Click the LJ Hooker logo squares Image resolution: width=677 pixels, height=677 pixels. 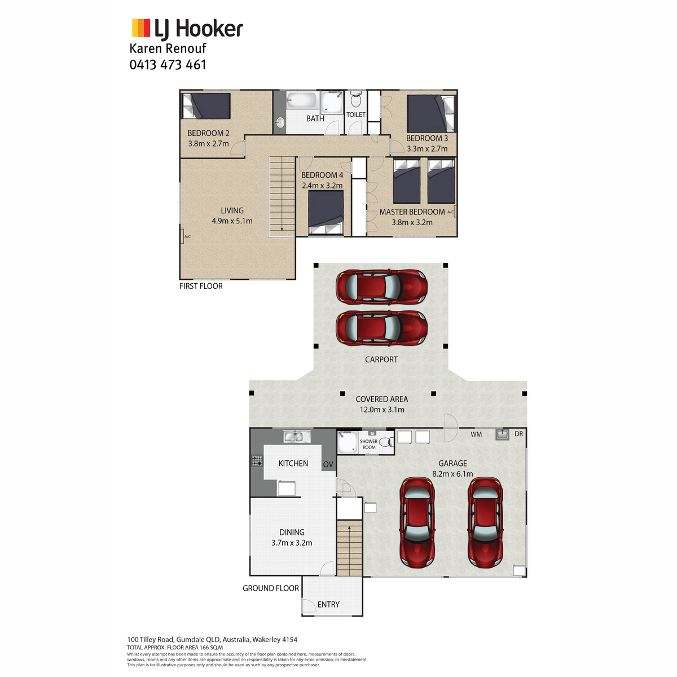point(141,28)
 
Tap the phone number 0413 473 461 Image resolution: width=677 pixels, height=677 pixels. point(168,65)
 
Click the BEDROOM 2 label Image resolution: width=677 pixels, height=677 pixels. point(208,133)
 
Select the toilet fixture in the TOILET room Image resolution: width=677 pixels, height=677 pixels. point(355,100)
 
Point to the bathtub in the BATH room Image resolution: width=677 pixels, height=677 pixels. point(302,99)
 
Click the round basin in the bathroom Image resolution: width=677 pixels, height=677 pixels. point(280,122)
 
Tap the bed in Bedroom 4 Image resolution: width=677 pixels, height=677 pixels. point(326,213)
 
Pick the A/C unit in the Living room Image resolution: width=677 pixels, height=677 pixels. point(182,236)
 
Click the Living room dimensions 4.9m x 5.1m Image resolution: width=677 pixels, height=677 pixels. point(232,221)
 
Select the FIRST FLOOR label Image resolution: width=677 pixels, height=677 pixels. point(201,286)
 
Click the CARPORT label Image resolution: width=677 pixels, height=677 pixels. point(381,359)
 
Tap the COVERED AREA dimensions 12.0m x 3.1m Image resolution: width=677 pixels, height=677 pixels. point(382,410)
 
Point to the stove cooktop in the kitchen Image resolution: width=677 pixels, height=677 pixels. point(257,460)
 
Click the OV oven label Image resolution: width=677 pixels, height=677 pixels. point(328,464)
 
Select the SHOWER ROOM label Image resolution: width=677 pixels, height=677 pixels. point(369,444)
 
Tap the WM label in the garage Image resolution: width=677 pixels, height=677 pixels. point(476,434)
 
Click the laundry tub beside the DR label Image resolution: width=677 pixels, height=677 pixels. point(503,434)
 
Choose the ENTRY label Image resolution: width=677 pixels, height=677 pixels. point(328,604)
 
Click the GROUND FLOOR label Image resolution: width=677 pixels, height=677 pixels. point(271,588)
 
